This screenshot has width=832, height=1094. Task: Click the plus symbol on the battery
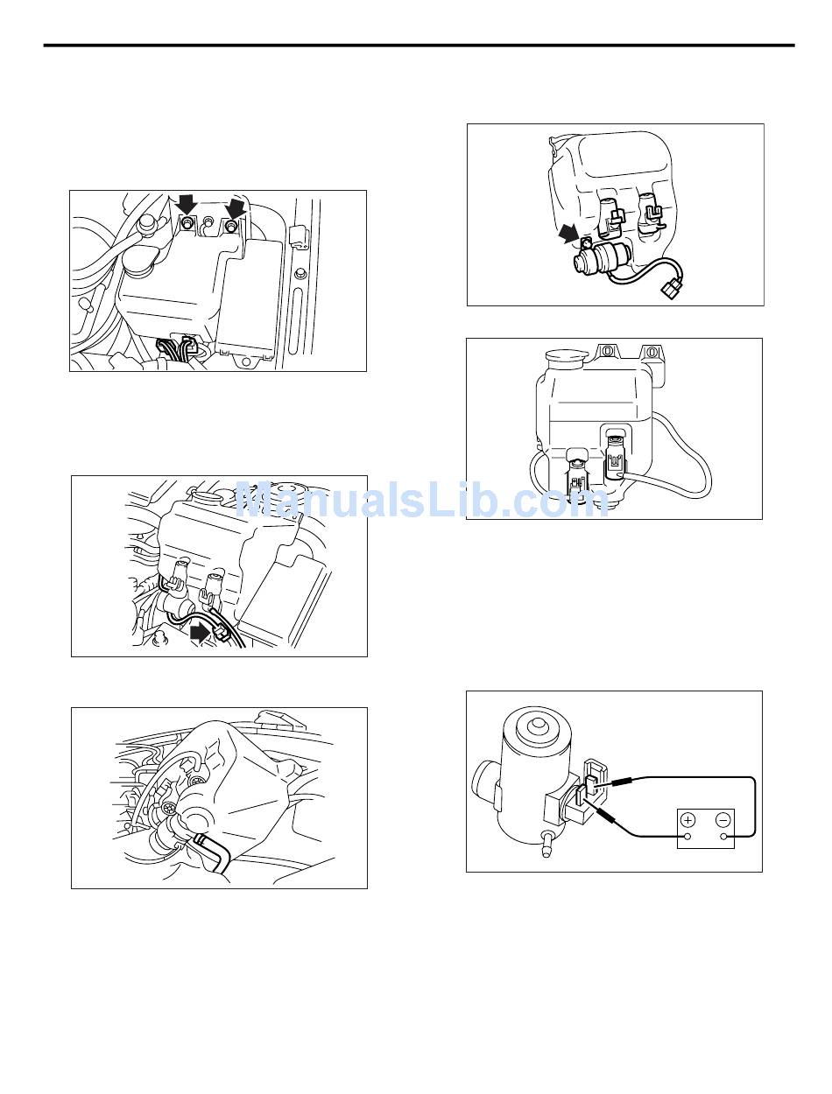click(687, 819)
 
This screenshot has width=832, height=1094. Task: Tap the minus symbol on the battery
click(723, 819)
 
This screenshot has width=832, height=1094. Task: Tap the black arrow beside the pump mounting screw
click(568, 234)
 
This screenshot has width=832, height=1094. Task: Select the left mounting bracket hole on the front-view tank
click(607, 350)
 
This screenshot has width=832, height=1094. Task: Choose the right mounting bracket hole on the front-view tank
click(651, 352)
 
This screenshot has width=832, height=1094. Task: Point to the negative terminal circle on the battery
click(723, 837)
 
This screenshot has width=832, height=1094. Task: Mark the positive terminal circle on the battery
click(687, 837)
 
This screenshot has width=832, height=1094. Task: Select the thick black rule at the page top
click(419, 46)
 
